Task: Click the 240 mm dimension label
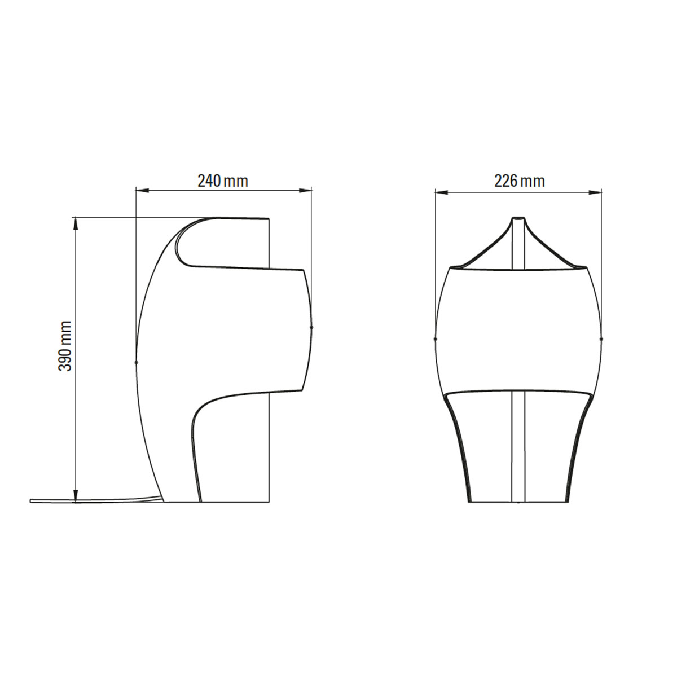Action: (222, 181)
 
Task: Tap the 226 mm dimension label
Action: (519, 181)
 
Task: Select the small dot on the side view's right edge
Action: (312, 327)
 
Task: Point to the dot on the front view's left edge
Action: (435, 339)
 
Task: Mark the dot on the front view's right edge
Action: (601, 339)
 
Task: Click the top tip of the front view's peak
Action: (518, 218)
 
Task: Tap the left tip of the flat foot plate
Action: (32, 500)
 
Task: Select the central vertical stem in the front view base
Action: (518, 446)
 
